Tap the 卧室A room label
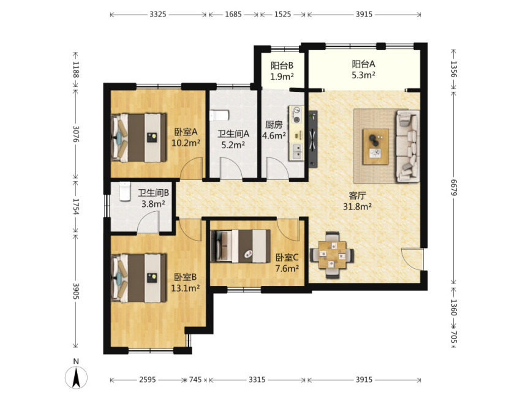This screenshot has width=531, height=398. point(186,132)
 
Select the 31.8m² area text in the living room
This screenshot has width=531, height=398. point(358,206)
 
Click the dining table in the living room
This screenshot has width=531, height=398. point(332,255)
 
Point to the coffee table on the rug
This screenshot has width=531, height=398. point(375,146)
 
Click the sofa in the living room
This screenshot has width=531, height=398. point(407,146)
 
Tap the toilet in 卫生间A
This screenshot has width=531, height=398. point(219,115)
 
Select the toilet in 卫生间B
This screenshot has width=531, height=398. point(124,192)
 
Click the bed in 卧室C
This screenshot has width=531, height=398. point(241,246)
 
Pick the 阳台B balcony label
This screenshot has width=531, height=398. point(282,66)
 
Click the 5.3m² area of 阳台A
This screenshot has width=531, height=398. point(363,75)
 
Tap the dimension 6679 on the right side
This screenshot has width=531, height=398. point(454,187)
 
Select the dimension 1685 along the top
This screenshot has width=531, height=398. point(233,14)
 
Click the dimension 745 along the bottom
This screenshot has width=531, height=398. point(195,380)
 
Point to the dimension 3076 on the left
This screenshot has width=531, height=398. point(76,134)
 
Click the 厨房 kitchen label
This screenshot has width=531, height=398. point(274,125)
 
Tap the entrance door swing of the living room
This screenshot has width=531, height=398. point(412,259)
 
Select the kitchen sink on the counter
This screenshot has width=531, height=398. point(296,152)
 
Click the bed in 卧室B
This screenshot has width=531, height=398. point(139,278)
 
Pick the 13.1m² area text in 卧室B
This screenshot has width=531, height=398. point(185,288)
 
